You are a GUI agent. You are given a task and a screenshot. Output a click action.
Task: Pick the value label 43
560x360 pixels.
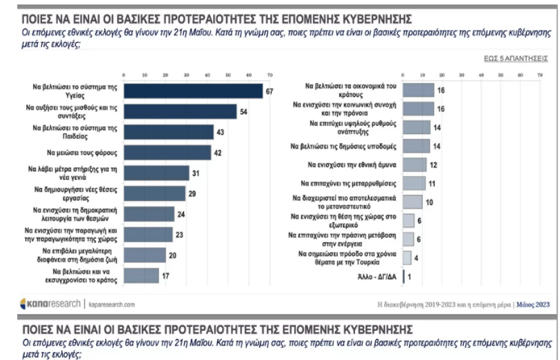(221, 132)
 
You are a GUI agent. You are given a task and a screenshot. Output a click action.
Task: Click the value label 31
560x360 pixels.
(197, 174)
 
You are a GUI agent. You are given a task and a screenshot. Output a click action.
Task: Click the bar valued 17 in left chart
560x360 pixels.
(141, 275)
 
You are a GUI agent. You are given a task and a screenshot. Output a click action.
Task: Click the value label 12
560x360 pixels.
(433, 165)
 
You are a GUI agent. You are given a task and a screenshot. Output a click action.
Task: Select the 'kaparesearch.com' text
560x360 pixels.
(112, 305)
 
